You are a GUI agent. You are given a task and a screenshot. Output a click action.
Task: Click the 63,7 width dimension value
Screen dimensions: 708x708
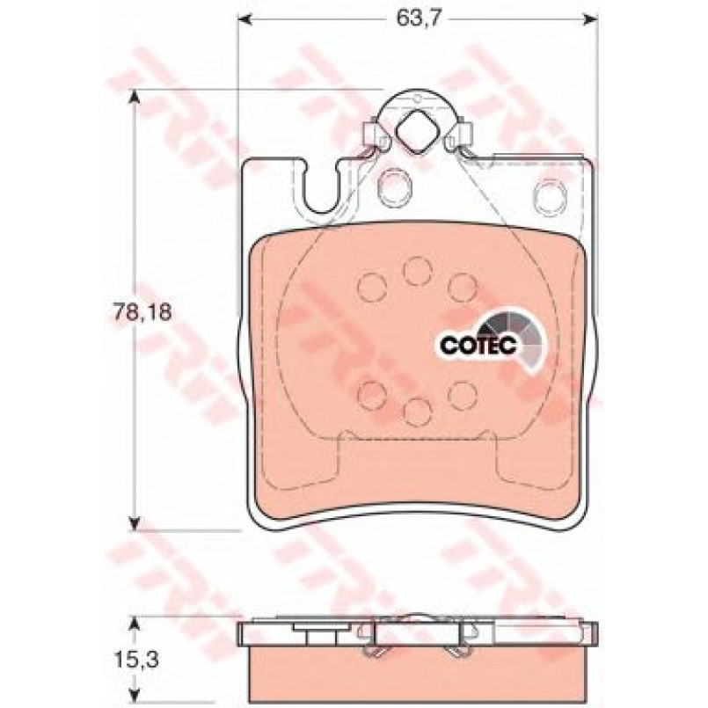click(417, 19)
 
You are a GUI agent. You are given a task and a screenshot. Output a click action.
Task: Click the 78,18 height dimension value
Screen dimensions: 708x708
click(142, 312)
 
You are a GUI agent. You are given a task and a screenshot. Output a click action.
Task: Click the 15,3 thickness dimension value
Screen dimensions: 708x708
click(136, 661)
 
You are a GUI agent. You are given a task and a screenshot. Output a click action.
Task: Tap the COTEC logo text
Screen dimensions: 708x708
click(478, 346)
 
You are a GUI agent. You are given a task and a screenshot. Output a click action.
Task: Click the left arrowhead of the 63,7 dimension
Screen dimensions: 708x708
click(244, 19)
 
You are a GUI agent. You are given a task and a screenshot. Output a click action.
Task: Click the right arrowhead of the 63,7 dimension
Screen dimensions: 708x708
click(592, 19)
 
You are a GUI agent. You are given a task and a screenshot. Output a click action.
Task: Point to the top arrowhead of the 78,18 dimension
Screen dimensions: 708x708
click(134, 96)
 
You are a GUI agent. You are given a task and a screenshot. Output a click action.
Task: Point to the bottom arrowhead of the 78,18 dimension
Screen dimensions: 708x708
click(134, 523)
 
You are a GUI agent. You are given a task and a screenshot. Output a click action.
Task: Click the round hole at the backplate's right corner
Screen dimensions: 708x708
click(550, 196)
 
